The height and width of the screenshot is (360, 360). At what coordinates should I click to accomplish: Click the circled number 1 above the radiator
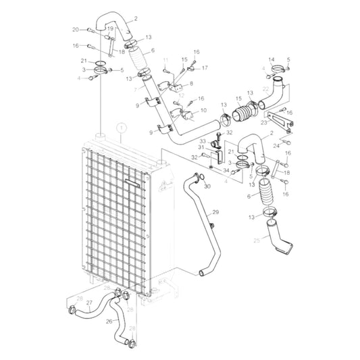[121, 126]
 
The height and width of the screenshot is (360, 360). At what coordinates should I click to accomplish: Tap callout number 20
[76, 29]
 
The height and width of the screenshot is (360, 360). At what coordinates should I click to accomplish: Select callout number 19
[110, 29]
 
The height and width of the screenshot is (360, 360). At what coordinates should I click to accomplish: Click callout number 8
[191, 83]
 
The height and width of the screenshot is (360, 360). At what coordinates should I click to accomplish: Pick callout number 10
[204, 110]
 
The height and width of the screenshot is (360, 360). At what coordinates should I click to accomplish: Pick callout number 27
[89, 303]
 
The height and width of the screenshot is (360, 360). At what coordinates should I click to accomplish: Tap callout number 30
[207, 186]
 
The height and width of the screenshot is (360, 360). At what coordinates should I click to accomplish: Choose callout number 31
[201, 147]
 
